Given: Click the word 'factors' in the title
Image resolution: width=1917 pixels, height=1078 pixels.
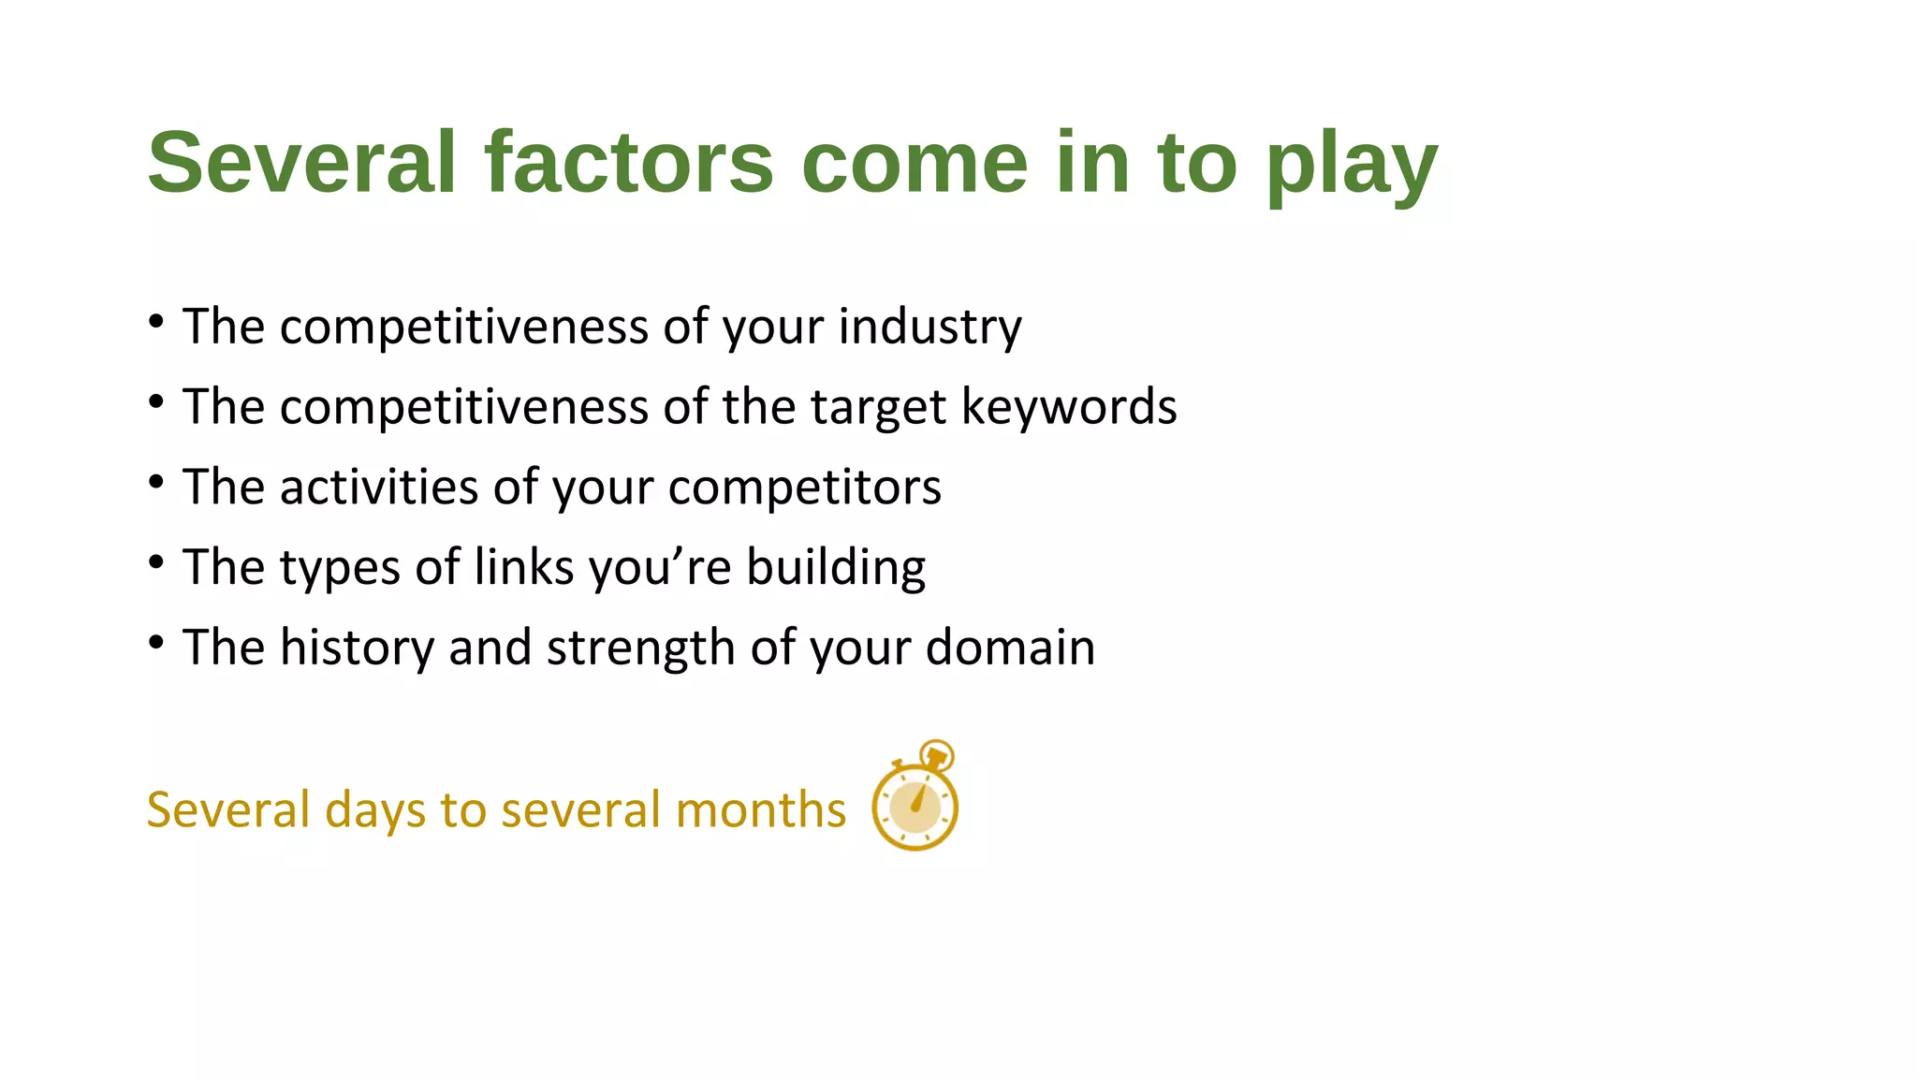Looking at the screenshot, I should [x=628, y=163].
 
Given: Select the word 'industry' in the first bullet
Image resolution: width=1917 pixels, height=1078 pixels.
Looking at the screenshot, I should [x=929, y=328].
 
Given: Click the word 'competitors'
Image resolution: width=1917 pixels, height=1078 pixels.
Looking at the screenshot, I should [x=804, y=488].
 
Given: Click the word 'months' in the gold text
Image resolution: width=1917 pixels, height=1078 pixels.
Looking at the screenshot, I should [x=760, y=810].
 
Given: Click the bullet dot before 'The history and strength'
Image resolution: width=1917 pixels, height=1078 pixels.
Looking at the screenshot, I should [x=156, y=643].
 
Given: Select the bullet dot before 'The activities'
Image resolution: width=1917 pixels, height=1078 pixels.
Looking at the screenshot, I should [x=156, y=483].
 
